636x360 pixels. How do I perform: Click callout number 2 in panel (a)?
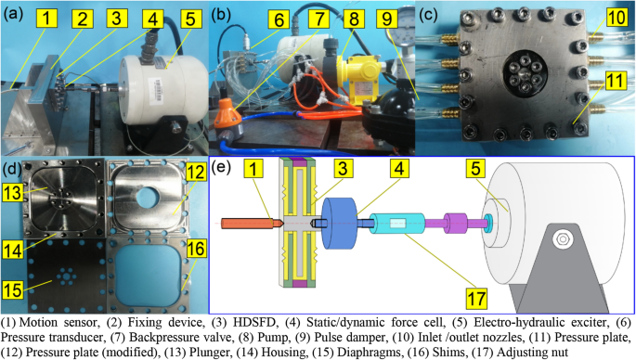tap(83, 19)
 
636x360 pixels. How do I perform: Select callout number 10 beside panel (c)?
tap(617, 19)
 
